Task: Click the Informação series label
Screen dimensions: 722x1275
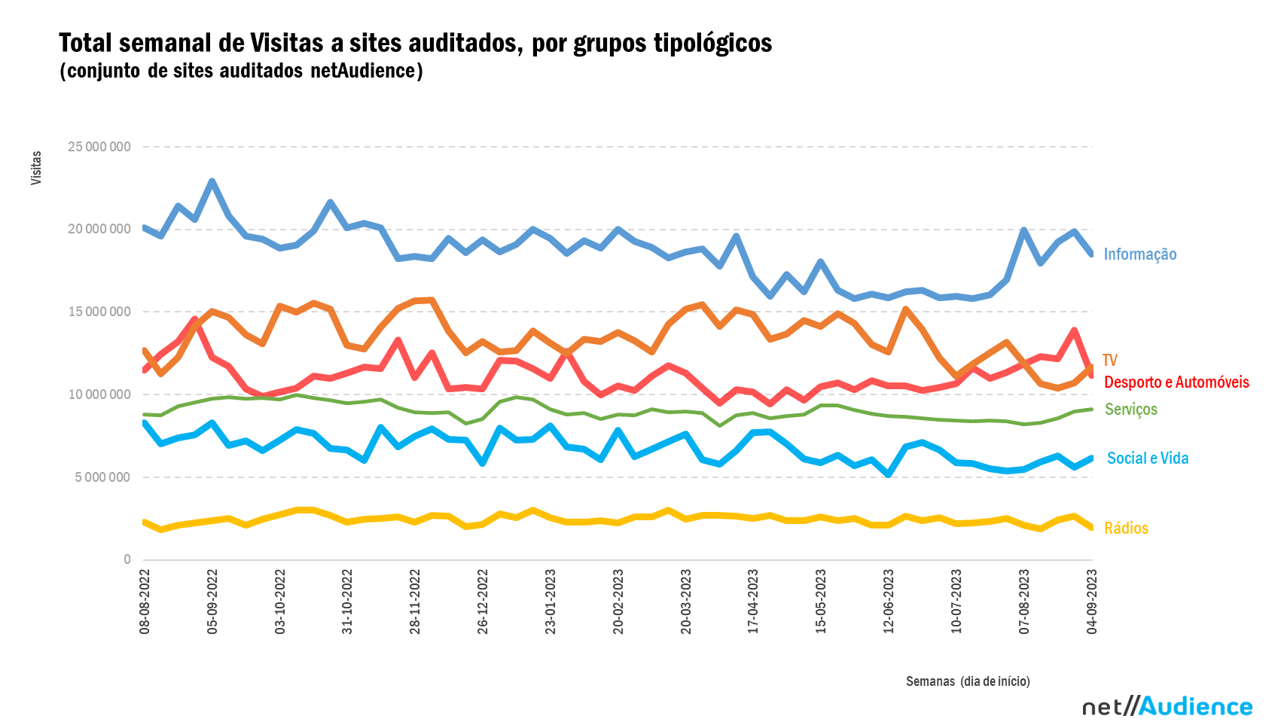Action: pyautogui.click(x=1139, y=254)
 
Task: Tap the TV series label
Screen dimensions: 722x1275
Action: pyautogui.click(x=1109, y=361)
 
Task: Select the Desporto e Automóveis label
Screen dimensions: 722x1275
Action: pyautogui.click(x=1176, y=382)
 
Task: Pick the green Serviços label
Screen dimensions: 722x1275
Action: pyautogui.click(x=1130, y=410)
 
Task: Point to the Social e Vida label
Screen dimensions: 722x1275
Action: pyautogui.click(x=1147, y=458)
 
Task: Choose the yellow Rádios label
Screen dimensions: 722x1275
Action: pyautogui.click(x=1126, y=529)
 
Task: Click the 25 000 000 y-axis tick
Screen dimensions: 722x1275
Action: pyautogui.click(x=99, y=147)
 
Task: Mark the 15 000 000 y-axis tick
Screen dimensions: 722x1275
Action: pyautogui.click(x=99, y=312)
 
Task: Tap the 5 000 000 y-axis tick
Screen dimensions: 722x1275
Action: pyautogui.click(x=102, y=477)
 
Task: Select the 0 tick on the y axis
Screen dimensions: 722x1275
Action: pyautogui.click(x=127, y=559)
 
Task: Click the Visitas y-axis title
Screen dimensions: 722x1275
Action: pyautogui.click(x=36, y=168)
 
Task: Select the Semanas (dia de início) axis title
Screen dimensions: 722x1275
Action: pyautogui.click(x=968, y=681)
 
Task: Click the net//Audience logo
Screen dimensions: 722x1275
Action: pyautogui.click(x=1167, y=706)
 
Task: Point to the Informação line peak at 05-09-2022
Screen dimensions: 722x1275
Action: pyautogui.click(x=212, y=181)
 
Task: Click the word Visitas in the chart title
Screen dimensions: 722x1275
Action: pyautogui.click(x=286, y=44)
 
